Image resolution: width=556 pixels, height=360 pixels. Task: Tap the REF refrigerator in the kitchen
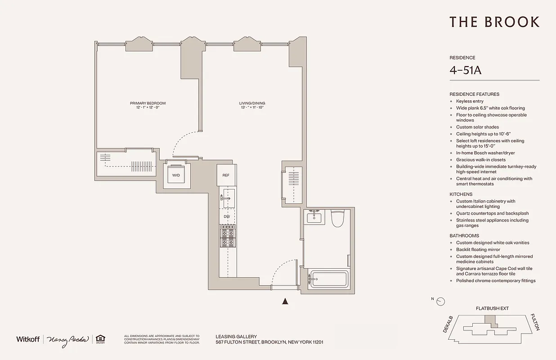point(226,175)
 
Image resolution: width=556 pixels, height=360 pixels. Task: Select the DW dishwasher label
point(227,217)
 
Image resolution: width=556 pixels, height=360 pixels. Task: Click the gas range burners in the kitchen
point(227,236)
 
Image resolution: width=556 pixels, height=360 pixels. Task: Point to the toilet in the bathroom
point(337,219)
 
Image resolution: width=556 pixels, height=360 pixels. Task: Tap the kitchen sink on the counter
point(228,198)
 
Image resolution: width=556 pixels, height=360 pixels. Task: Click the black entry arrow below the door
point(284,301)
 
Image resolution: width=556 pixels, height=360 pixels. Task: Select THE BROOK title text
point(494,22)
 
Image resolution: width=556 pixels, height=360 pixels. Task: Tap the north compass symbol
point(440,301)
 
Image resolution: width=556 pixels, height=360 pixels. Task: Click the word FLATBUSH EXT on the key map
point(492,309)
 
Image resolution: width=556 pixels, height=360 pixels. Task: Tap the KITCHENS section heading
point(461,194)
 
